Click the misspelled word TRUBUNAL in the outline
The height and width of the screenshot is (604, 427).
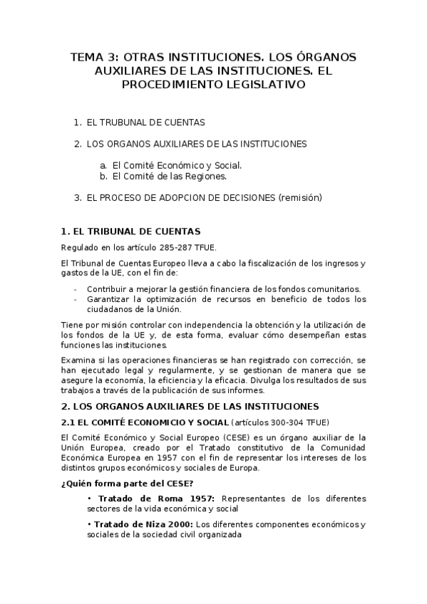click(x=123, y=123)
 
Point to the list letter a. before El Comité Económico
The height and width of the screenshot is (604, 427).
click(x=103, y=165)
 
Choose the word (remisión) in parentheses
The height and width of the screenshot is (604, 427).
click(x=300, y=197)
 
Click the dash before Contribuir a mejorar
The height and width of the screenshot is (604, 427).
click(x=76, y=289)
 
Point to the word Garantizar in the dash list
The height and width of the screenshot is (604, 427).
click(x=108, y=299)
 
